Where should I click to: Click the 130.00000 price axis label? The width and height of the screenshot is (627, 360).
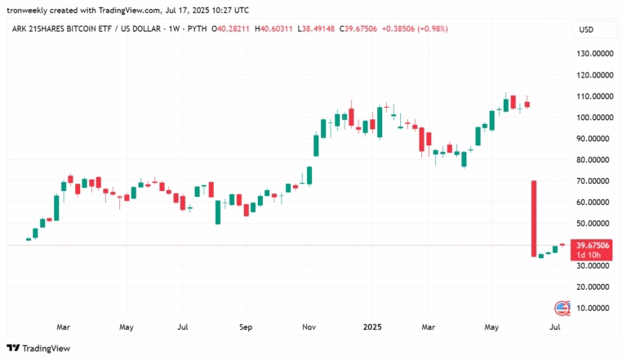(595, 54)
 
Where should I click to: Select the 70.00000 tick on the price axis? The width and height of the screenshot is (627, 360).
(594, 181)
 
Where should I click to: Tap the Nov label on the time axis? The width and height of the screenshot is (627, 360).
(309, 326)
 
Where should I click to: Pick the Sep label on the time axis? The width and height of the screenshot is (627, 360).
(246, 326)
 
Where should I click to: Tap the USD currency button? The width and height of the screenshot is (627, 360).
(585, 29)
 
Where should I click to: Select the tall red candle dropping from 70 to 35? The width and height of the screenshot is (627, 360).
(533, 219)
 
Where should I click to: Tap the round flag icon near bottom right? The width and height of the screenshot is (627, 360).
(563, 308)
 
